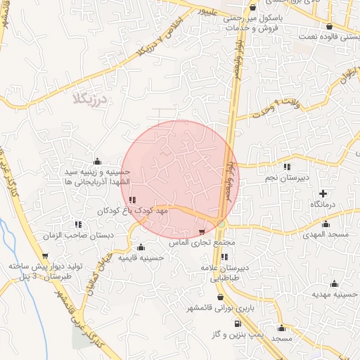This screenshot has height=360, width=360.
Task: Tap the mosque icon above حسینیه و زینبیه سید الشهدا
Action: point(97,161)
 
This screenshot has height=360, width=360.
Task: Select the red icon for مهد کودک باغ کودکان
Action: point(133,200)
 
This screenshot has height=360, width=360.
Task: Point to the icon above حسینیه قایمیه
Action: point(141,247)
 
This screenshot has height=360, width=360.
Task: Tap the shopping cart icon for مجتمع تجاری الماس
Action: point(203,231)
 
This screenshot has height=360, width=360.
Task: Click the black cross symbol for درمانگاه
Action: point(323,193)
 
